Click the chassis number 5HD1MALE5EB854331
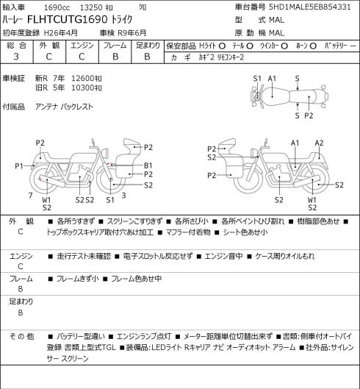click(x=309, y=7)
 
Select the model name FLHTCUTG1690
click(x=67, y=20)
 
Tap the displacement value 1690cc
click(x=57, y=7)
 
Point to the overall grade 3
click(x=16, y=57)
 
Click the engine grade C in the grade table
click(x=82, y=57)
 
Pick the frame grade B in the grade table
click(x=115, y=57)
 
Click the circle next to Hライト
click(x=222, y=46)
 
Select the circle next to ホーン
click(x=313, y=46)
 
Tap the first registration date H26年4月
click(x=61, y=33)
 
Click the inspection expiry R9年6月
click(x=132, y=33)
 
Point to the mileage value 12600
click(x=82, y=79)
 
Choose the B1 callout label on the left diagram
click(x=148, y=165)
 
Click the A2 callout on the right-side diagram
click(x=319, y=143)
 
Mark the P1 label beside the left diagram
click(x=19, y=165)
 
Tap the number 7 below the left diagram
click(x=31, y=196)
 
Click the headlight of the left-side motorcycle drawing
click(x=106, y=152)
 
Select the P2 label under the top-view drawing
click(x=309, y=115)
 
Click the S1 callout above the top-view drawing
click(x=257, y=79)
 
